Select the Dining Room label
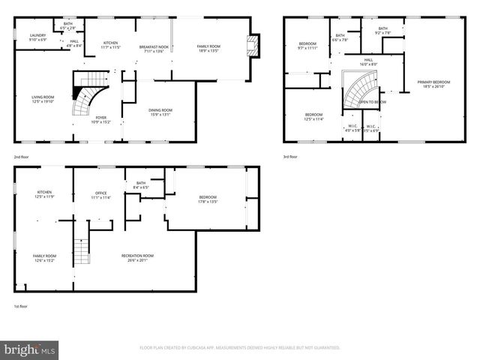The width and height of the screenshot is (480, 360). [161, 112]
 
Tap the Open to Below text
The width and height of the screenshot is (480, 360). [372, 101]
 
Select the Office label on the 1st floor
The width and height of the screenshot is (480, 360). [100, 195]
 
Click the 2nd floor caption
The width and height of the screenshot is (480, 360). [21, 157]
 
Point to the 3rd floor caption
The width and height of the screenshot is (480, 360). [289, 157]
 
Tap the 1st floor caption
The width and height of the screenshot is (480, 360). [20, 305]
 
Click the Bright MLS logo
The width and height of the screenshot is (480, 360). [30, 349]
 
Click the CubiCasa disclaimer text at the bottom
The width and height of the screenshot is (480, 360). [240, 348]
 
